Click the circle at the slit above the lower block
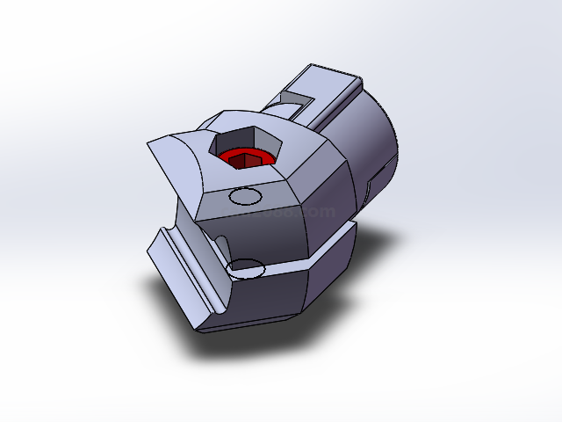click(247, 266)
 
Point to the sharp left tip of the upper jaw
click(147, 143)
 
